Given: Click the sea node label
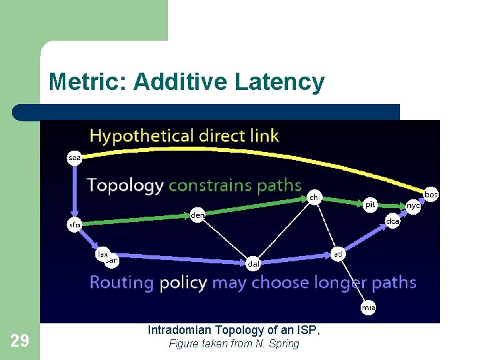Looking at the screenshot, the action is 74,158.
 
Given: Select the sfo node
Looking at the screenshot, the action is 74,225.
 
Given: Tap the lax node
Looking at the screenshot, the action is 103,253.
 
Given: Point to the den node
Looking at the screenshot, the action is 197,215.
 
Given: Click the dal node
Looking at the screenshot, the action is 253,263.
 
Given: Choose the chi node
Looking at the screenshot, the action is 315,197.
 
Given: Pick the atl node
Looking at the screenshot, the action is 339,253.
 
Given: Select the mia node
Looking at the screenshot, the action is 368,307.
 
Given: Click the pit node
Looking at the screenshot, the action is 371,205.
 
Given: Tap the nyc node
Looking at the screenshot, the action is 413,207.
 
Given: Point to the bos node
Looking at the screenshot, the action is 431,194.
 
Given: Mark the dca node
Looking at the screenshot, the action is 393,221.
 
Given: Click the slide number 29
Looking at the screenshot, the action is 20,341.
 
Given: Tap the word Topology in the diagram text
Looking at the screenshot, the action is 125,185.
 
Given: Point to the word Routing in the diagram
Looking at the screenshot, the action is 122,283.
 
